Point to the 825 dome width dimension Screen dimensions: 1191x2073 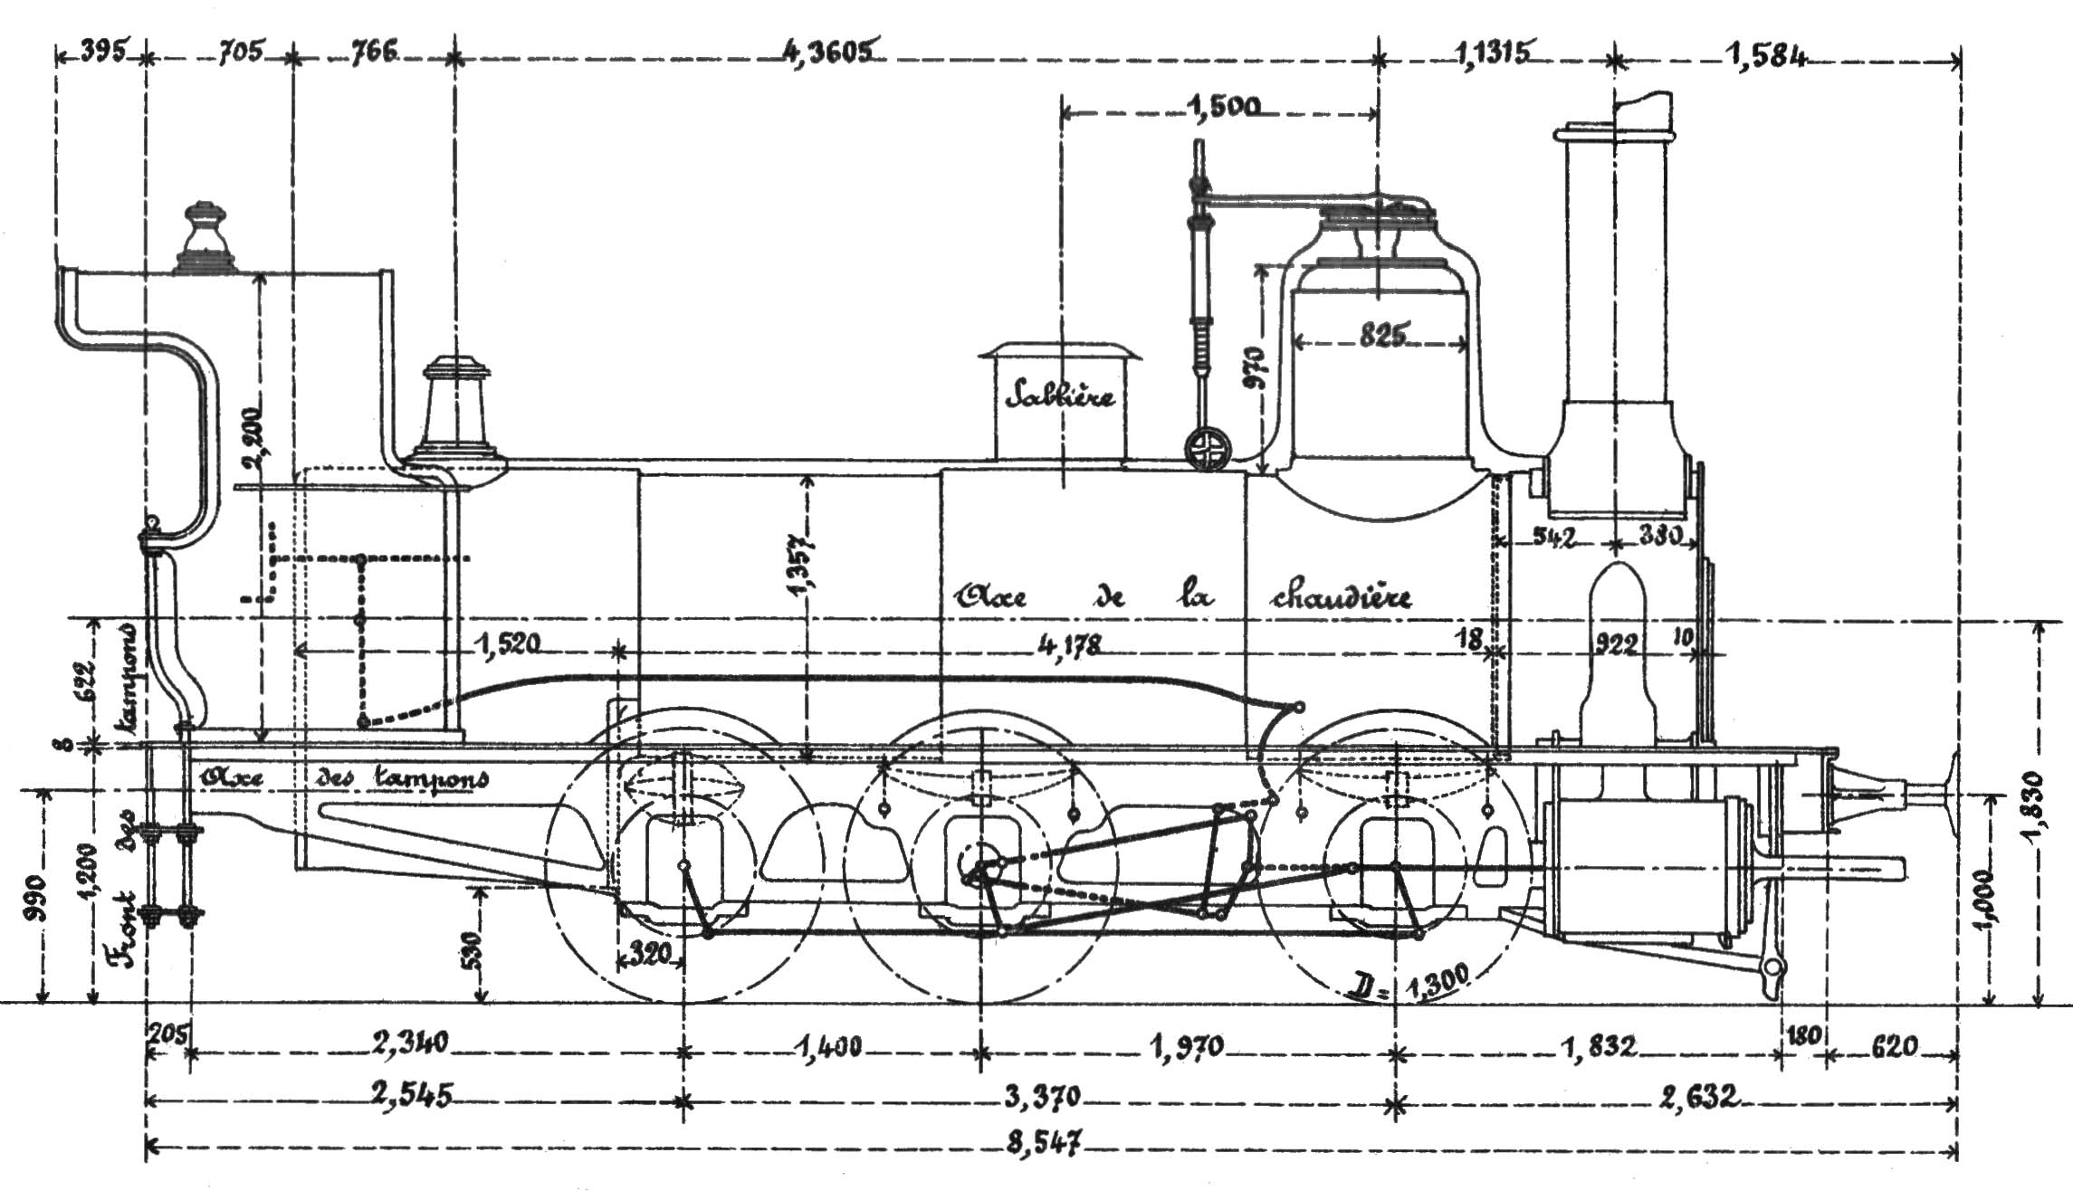coord(1382,336)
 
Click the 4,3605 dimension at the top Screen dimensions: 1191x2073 coord(827,52)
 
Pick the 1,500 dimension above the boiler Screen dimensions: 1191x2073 coord(1222,109)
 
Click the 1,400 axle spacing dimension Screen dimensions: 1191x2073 coord(827,1047)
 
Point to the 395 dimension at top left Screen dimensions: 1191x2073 coord(101,52)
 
